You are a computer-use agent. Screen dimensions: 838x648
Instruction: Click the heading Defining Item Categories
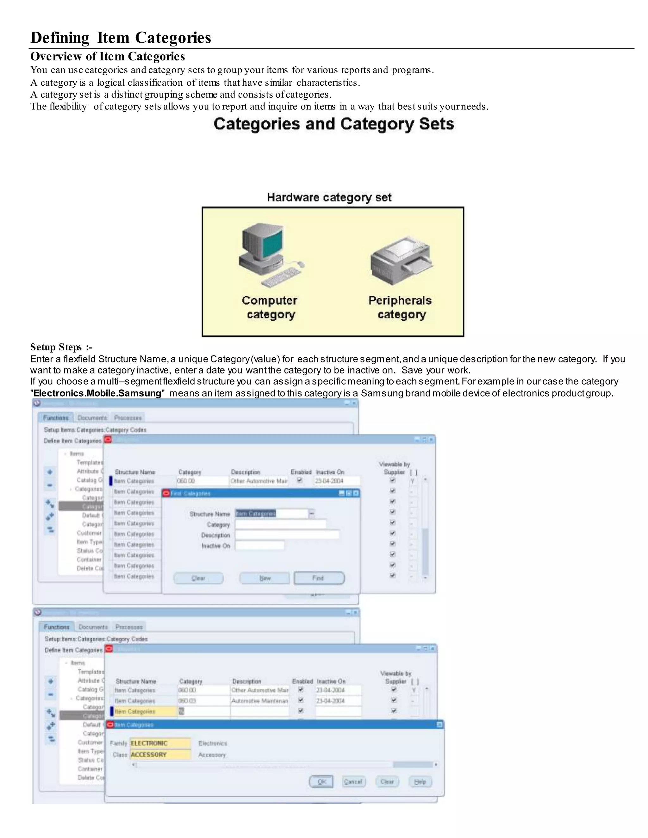pos(121,38)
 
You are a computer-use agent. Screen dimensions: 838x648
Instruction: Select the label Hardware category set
pos(329,197)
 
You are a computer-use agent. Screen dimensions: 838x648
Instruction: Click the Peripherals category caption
pos(400,307)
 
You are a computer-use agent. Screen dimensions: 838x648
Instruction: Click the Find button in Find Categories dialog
pos(319,578)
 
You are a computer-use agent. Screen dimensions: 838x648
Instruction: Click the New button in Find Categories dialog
pos(265,578)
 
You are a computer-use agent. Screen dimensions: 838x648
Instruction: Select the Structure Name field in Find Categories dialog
pos(271,513)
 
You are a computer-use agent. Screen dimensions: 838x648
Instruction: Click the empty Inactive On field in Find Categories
pos(259,545)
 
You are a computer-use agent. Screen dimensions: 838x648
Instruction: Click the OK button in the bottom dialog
pos(321,782)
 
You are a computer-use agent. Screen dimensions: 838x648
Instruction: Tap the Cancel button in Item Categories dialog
pos(353,782)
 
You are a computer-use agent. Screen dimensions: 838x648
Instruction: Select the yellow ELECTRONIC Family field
pos(160,743)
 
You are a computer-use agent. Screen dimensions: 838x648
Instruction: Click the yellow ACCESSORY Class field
pos(160,754)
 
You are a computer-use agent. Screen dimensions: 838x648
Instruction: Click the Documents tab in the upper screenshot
pos(92,417)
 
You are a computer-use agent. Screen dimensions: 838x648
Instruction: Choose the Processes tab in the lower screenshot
pos(129,627)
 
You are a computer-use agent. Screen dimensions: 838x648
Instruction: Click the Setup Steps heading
pos(61,347)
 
